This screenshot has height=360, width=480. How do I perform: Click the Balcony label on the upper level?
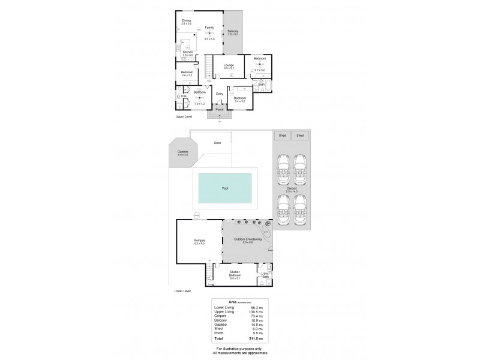pyautogui.click(x=233, y=31)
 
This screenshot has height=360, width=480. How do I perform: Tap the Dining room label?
pyautogui.click(x=187, y=21)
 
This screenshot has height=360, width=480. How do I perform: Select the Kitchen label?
pyautogui.click(x=188, y=52)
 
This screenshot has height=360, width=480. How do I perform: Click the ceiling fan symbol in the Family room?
pyautogui.click(x=209, y=33)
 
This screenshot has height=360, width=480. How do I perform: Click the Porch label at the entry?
pyautogui.click(x=220, y=110)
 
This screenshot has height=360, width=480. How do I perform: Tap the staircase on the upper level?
pyautogui.click(x=208, y=67)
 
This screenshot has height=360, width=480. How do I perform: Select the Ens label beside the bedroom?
pyautogui.click(x=184, y=96)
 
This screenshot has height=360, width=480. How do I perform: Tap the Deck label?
pyautogui.click(x=217, y=143)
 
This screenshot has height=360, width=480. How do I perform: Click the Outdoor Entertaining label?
pyautogui.click(x=243, y=240)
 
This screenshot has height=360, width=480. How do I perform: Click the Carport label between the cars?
pyautogui.click(x=292, y=189)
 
